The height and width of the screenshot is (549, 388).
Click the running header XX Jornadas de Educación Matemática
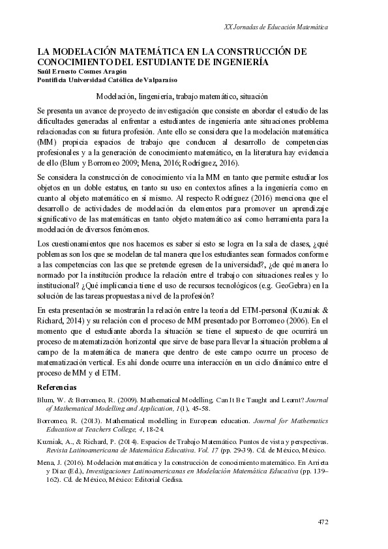point(275,27)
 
